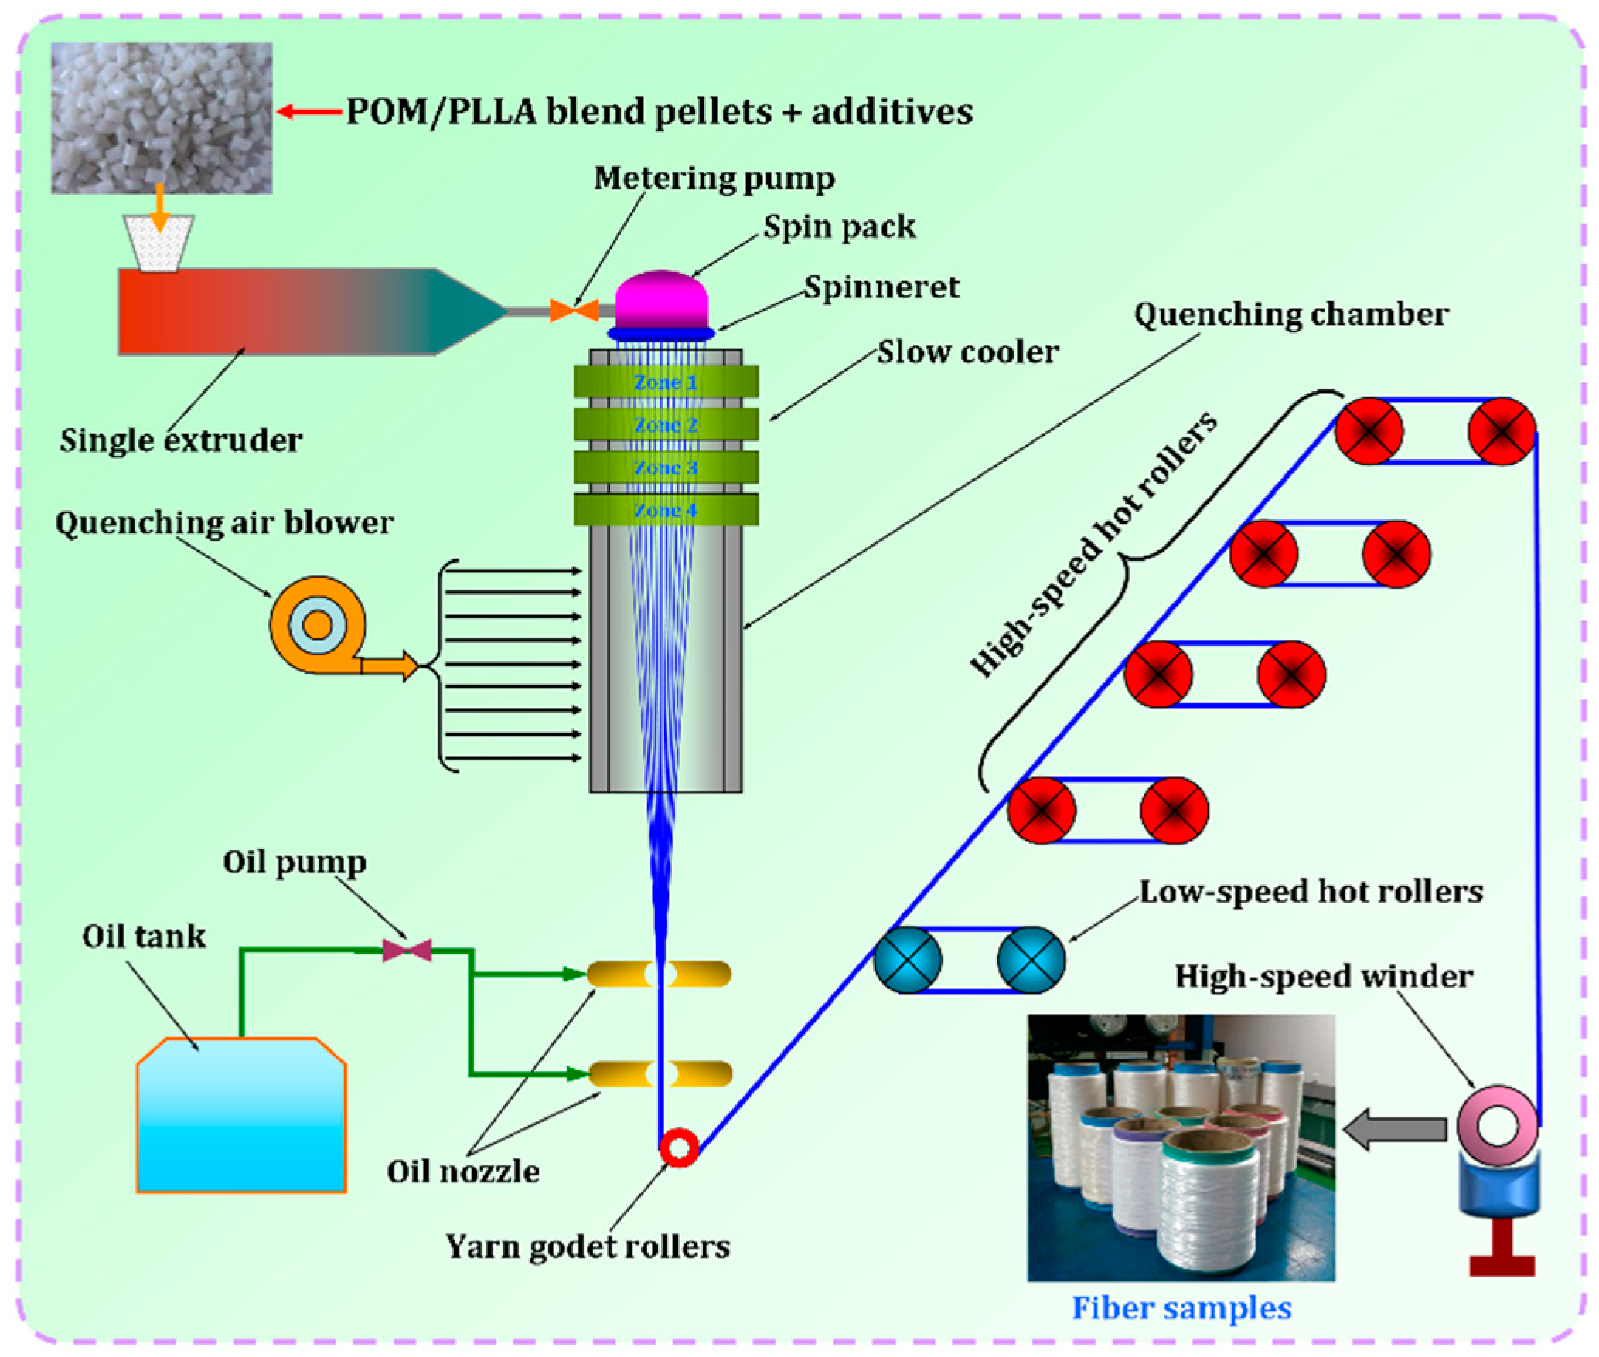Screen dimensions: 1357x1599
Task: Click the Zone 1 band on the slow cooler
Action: coord(665,382)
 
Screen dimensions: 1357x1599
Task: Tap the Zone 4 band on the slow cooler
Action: coord(665,509)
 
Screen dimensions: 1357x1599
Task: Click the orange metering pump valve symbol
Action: coord(574,311)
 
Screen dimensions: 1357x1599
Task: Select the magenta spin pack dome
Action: coord(661,299)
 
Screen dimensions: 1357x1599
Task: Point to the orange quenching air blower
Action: coord(318,624)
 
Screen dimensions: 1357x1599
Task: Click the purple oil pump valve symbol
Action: coord(407,950)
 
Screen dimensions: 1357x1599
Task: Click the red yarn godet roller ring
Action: coord(679,1147)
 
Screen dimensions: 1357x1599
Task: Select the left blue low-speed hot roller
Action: coord(908,960)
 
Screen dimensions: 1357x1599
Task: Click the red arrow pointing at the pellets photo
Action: coord(309,112)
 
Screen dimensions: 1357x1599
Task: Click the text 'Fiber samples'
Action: coord(1181,1308)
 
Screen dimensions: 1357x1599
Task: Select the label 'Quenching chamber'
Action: coord(1290,315)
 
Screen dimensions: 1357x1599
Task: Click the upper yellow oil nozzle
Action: coord(659,974)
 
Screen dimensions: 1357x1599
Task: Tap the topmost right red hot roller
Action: coord(1501,431)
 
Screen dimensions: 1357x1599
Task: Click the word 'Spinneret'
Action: coord(881,287)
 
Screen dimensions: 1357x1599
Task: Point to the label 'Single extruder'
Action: coord(181,440)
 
